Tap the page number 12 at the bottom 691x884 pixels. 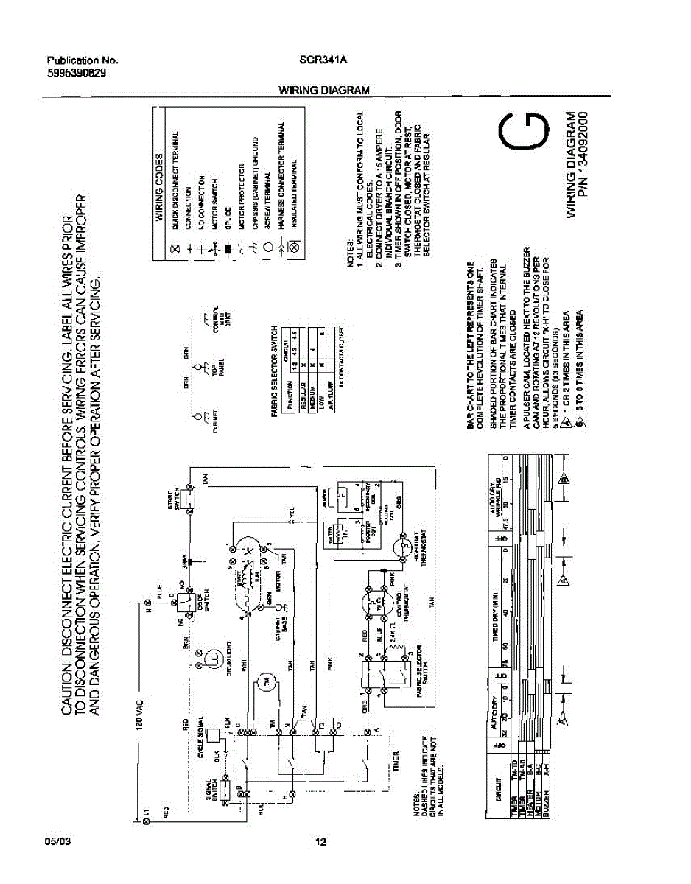click(320, 843)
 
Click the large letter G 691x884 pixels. click(525, 133)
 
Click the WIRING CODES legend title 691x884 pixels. click(159, 190)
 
